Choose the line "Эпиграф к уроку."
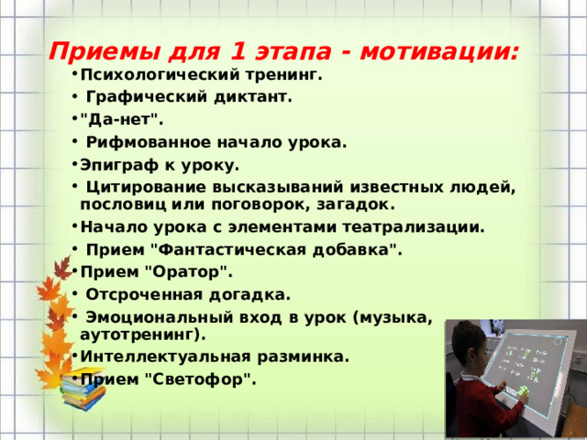pos(160,166)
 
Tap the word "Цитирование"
pos(140,188)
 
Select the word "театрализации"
pos(418,226)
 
